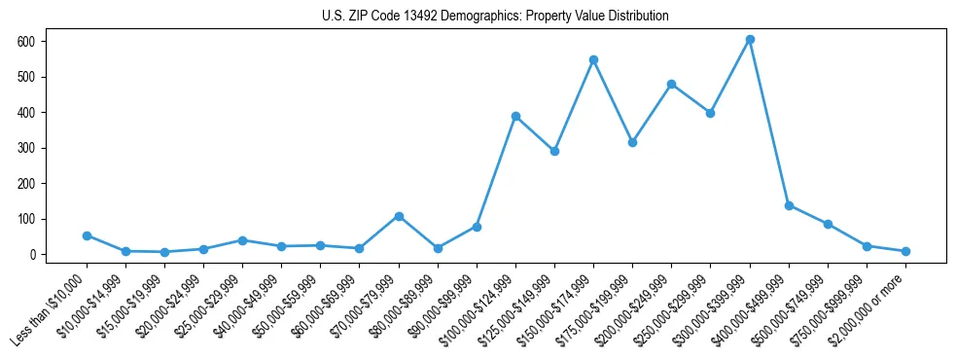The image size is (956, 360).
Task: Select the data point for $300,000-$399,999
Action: (x=750, y=40)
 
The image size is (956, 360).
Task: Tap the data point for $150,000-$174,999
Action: (x=593, y=59)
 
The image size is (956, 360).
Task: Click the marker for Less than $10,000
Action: (x=87, y=235)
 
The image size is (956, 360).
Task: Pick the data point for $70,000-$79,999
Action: (x=399, y=216)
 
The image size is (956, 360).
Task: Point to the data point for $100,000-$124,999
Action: (x=515, y=116)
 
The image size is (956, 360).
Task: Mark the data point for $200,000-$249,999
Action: (x=671, y=84)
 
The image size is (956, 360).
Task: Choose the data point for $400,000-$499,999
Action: (x=789, y=205)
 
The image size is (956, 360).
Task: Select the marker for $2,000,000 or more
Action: (x=905, y=251)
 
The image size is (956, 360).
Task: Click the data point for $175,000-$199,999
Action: (x=632, y=142)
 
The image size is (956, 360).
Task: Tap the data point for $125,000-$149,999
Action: (x=554, y=151)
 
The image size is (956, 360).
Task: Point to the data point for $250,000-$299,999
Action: (x=711, y=113)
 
